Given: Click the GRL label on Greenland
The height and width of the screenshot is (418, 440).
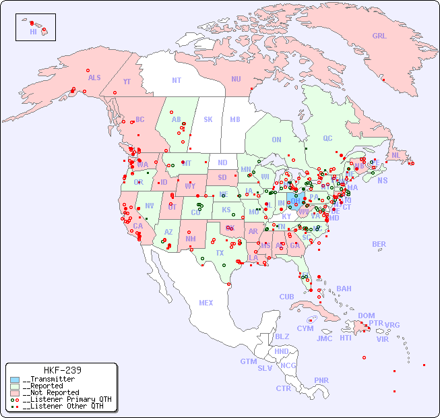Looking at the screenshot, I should (x=379, y=36).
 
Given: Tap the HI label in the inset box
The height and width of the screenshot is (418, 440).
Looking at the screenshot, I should (x=33, y=32).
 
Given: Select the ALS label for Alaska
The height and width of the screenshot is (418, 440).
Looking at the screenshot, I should (x=94, y=78).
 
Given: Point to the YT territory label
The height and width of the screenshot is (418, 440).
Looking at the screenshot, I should (x=127, y=82).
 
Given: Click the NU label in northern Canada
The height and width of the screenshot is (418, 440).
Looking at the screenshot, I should (x=236, y=79).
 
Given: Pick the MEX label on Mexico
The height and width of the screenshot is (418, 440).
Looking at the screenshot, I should (x=206, y=303).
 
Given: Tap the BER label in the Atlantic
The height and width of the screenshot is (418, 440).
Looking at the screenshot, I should (x=379, y=244).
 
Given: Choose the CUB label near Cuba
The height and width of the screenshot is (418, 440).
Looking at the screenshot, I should (x=287, y=297).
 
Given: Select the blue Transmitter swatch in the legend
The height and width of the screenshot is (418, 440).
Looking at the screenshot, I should (x=15, y=380).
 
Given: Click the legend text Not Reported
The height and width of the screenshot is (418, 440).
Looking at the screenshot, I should (x=51, y=392).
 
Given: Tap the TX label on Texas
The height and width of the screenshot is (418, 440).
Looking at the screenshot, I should (x=220, y=253).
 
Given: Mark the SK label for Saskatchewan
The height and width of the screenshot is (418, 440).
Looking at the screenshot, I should (x=208, y=119).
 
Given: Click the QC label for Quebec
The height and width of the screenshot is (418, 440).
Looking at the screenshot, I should (x=327, y=138).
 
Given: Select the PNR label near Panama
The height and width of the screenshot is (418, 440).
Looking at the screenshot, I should (x=321, y=380).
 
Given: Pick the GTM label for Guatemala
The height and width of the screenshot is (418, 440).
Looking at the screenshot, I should (x=248, y=361).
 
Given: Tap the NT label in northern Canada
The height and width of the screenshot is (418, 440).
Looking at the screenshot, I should (x=177, y=80).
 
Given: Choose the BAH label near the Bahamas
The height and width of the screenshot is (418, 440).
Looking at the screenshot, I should (x=344, y=289).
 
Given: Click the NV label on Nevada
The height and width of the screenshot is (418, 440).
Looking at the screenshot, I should (x=150, y=206).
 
